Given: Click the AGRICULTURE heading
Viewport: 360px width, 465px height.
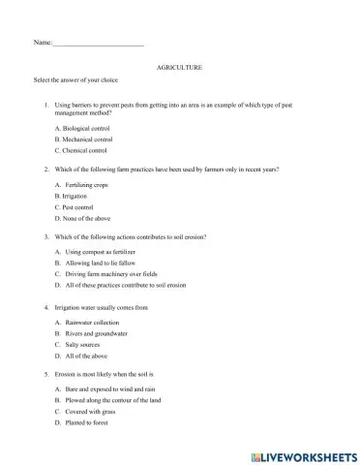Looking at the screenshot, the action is coord(179,71).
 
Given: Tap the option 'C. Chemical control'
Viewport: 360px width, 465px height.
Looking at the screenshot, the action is coord(88,151).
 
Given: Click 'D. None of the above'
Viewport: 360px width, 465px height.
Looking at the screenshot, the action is coord(90,219).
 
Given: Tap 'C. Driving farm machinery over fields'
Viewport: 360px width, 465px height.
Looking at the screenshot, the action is coord(111,274).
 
